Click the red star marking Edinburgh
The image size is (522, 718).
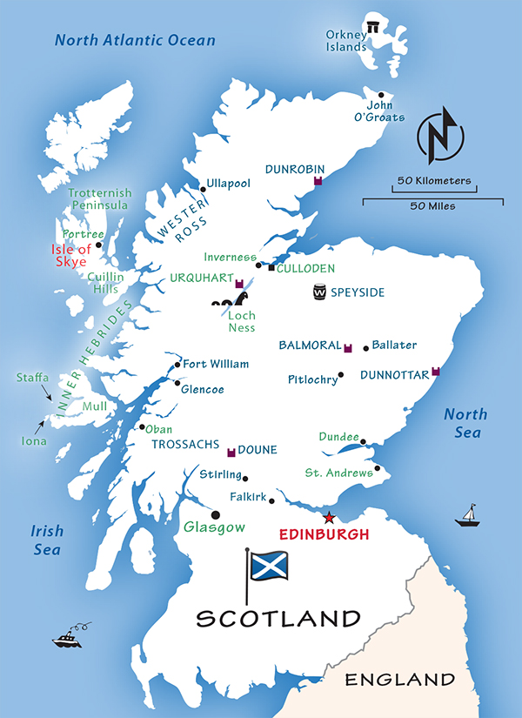tap(329, 518)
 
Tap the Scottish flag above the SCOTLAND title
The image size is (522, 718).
tap(269, 566)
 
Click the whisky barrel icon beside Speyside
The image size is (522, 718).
tap(320, 293)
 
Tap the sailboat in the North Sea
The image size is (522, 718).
tap(467, 516)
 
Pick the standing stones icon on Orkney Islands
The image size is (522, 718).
tap(374, 28)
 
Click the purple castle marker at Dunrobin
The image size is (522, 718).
tap(318, 181)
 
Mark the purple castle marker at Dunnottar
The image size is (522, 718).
tap(436, 372)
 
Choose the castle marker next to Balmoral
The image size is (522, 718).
tap(348, 347)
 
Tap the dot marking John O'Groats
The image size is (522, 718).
tap(381, 96)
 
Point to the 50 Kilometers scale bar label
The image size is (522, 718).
tap(434, 181)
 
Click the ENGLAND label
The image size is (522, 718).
tap(400, 679)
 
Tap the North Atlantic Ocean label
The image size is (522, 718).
tap(135, 40)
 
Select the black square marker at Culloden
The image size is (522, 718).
tap(271, 268)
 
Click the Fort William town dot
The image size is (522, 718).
tap(178, 365)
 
